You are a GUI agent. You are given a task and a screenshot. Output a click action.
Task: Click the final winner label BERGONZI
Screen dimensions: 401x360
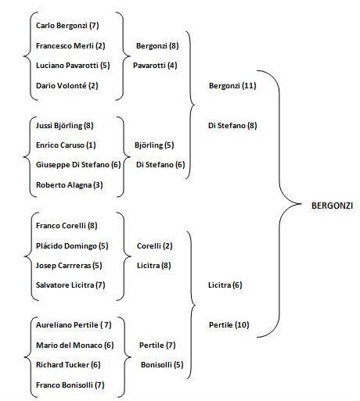pyautogui.click(x=332, y=206)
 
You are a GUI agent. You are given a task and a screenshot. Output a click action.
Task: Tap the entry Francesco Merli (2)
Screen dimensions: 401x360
pyautogui.click(x=70, y=46)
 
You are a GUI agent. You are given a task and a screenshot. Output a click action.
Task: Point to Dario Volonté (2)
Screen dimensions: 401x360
pyautogui.click(x=68, y=85)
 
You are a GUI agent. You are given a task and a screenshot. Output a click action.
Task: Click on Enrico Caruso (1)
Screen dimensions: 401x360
pyautogui.click(x=66, y=145)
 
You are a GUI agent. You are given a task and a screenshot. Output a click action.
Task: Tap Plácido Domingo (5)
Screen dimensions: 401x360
pyautogui.click(x=72, y=245)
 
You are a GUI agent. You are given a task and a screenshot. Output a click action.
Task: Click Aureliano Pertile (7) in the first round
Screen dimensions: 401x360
pyautogui.click(x=74, y=324)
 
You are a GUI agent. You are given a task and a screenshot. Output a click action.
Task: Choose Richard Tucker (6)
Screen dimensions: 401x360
pyautogui.click(x=67, y=364)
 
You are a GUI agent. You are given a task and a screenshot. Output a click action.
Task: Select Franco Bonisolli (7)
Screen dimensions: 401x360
pyautogui.click(x=70, y=385)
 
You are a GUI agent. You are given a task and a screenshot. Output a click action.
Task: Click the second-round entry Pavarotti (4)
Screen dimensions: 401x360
pyautogui.click(x=155, y=66)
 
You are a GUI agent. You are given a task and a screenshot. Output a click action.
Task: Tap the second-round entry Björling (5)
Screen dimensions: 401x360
pyautogui.click(x=154, y=145)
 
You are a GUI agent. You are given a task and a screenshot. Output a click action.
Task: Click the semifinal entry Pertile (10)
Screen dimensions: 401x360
pyautogui.click(x=229, y=324)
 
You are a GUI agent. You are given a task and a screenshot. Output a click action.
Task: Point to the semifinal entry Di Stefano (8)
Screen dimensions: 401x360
pyautogui.click(x=233, y=125)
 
